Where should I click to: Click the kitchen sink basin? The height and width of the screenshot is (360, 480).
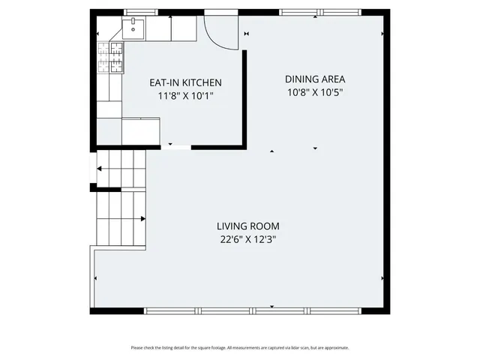click(135, 30)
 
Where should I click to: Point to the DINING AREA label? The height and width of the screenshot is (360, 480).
click(314, 79)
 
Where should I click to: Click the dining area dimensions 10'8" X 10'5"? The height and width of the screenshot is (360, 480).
click(314, 92)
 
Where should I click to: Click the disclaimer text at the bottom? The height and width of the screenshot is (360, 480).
click(240, 347)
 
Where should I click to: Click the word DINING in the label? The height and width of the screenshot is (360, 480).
click(299, 79)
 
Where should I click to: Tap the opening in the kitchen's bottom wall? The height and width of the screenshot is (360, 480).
click(175, 145)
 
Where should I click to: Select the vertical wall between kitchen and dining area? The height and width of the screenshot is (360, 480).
click(244, 97)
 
